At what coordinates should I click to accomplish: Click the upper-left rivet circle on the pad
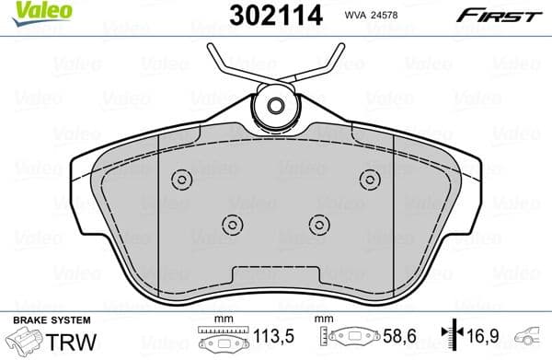(x=181, y=179)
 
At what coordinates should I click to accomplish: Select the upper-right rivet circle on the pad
(x=370, y=179)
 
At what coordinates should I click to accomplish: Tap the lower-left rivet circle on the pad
(x=232, y=223)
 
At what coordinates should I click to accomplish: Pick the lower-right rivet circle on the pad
(x=319, y=223)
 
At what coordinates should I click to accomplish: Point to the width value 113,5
(x=272, y=336)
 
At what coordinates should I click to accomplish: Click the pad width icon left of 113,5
(x=222, y=338)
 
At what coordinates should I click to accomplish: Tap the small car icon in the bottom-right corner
(x=531, y=338)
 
